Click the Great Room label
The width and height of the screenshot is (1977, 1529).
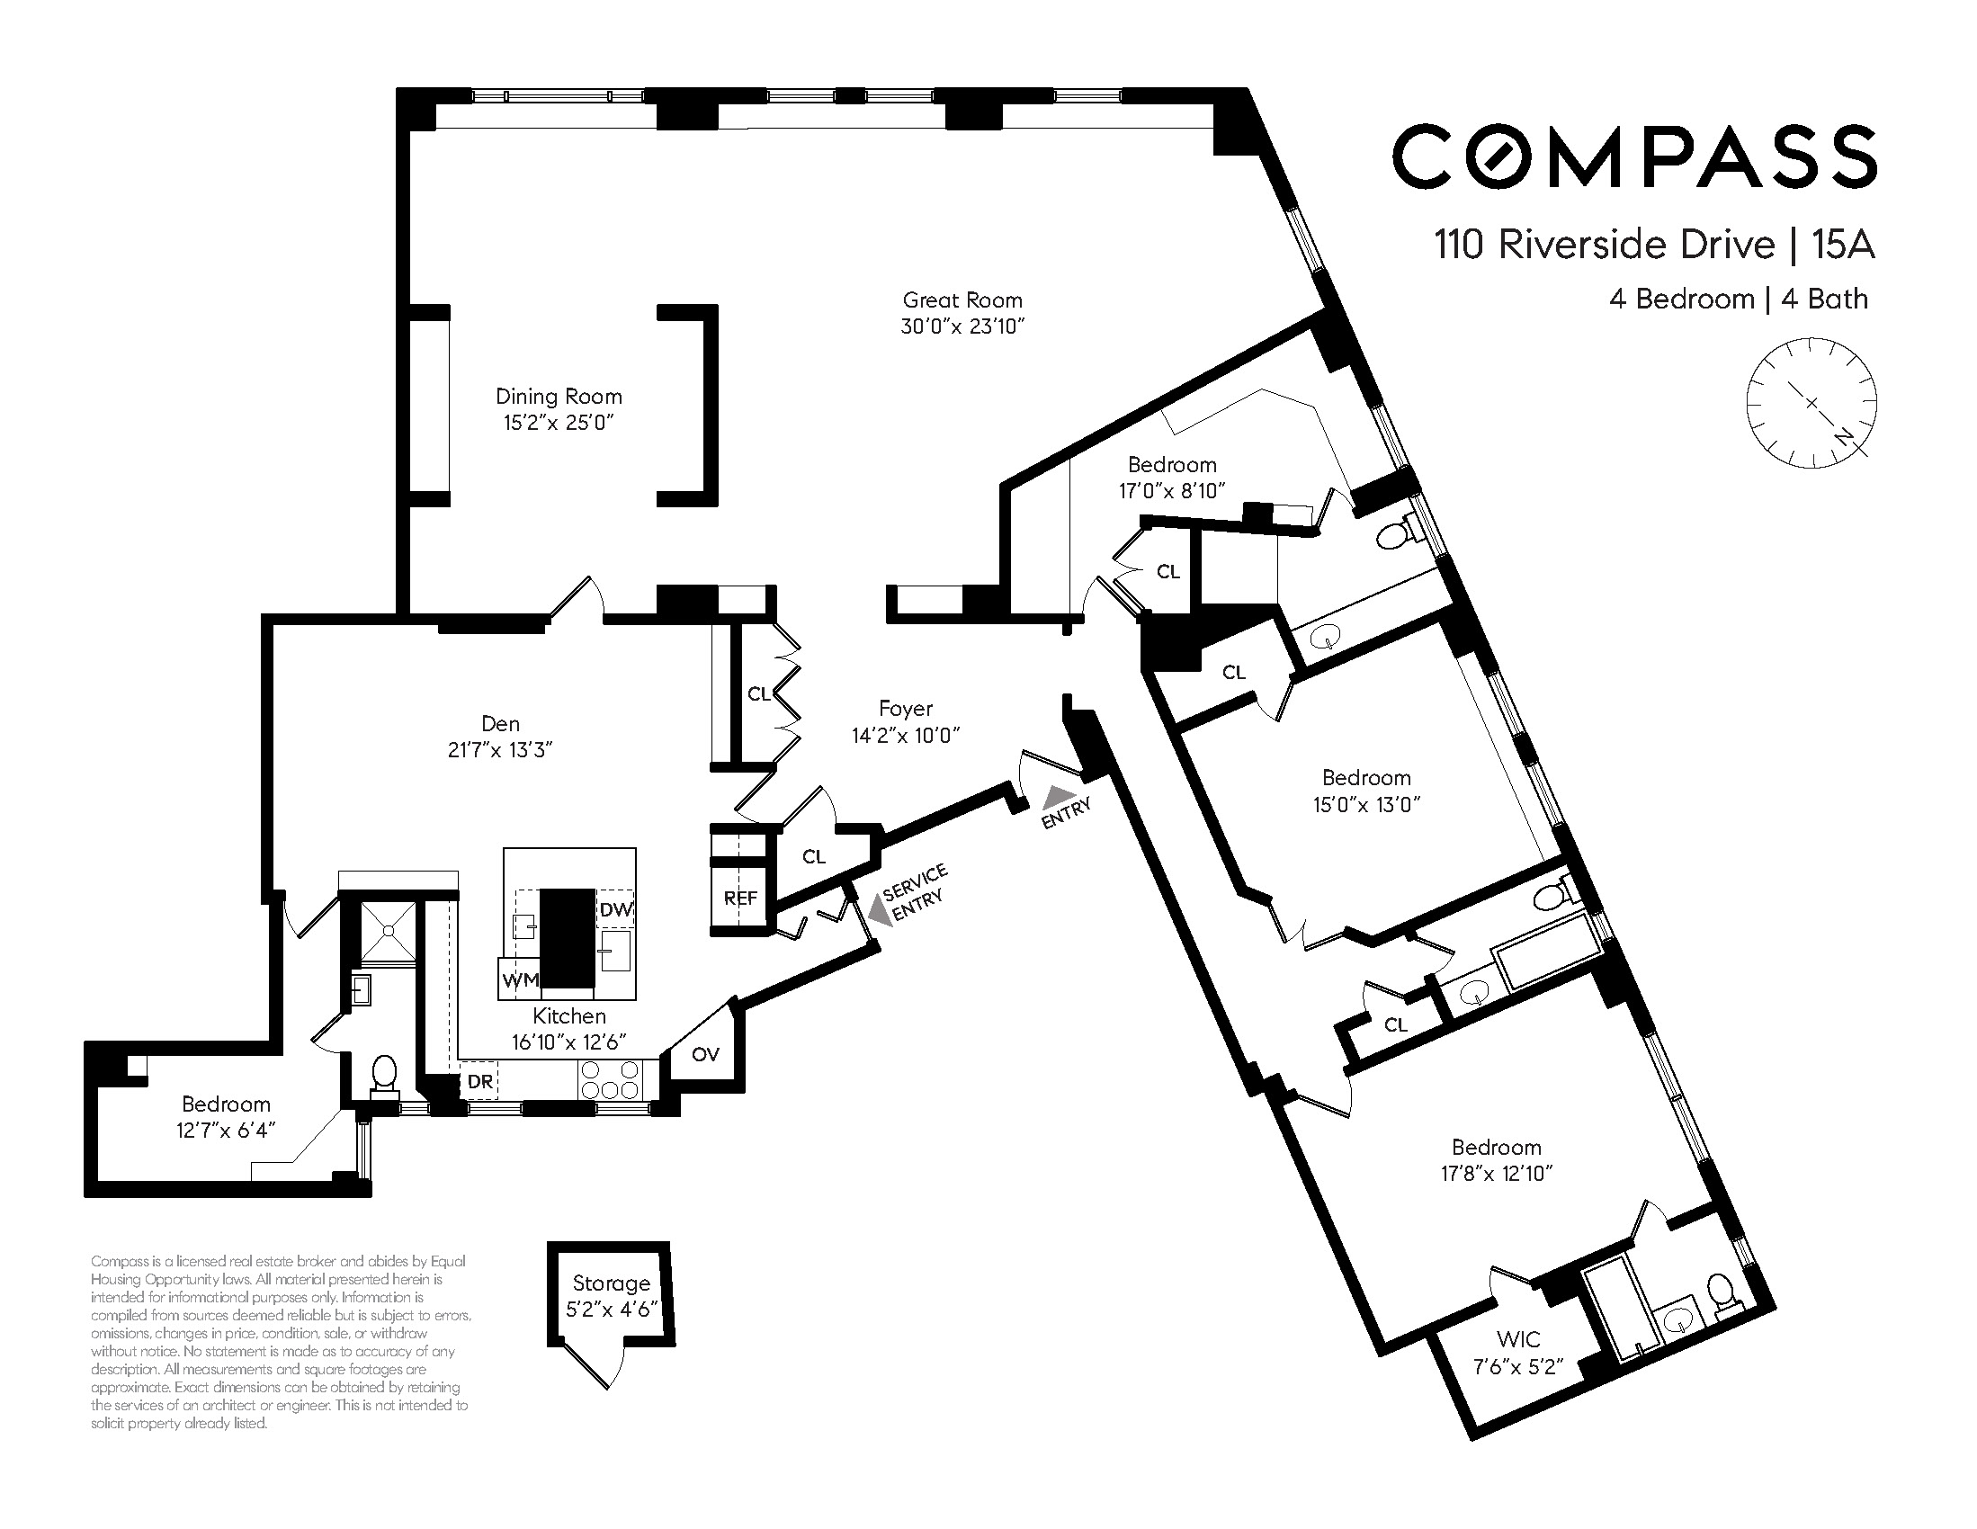pos(962,300)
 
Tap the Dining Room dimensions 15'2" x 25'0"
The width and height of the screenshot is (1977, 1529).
pos(559,422)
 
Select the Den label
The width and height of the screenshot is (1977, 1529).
pos(501,723)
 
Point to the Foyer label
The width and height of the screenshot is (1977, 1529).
pos(905,709)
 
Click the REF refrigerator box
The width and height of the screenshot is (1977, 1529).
pos(739,898)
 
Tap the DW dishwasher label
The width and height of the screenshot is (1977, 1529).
pos(616,910)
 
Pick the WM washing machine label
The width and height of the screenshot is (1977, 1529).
pos(521,979)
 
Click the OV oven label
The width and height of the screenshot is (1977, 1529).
pos(705,1054)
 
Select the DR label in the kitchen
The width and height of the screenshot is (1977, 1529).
pos(479,1082)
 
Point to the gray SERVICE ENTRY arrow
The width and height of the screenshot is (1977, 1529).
pos(875,908)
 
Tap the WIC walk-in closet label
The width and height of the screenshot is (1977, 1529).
pos(1518,1339)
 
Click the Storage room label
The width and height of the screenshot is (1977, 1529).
pos(611,1283)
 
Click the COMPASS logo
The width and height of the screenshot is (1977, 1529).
pos(1634,156)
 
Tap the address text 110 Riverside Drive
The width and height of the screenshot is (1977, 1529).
pos(1605,246)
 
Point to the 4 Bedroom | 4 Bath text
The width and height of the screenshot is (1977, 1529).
pos(1739,299)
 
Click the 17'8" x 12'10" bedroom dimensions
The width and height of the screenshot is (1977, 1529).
pos(1497,1173)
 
